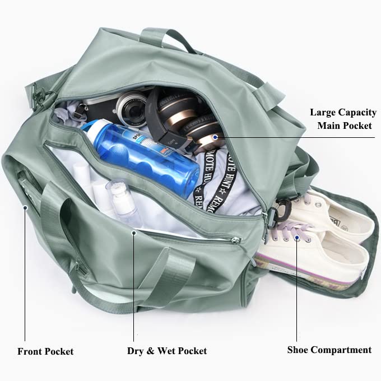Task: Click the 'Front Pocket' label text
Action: pyautogui.click(x=45, y=351)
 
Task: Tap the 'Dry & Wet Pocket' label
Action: pyautogui.click(x=166, y=351)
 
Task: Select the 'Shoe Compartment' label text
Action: pyautogui.click(x=329, y=350)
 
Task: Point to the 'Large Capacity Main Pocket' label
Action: pyautogui.click(x=343, y=119)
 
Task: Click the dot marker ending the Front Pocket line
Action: pyautogui.click(x=25, y=207)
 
